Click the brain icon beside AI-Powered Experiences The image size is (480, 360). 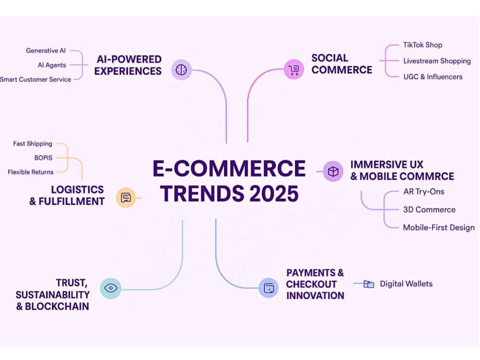[181, 70]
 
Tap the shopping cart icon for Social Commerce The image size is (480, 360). [294, 70]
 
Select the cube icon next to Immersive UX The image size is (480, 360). [333, 171]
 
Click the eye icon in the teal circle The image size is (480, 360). [110, 288]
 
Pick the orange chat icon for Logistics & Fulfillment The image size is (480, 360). [126, 197]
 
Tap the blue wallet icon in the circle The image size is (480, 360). [269, 288]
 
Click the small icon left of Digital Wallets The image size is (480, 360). [369, 284]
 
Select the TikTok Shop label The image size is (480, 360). [422, 45]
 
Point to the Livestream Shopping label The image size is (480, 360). [437, 61]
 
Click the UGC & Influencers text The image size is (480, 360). [433, 77]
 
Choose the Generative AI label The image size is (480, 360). [46, 50]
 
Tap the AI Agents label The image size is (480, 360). [52, 65]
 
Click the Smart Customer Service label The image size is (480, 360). [36, 79]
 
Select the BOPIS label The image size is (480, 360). [43, 157]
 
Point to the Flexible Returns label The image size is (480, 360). [31, 172]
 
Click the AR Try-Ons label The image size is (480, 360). [424, 192]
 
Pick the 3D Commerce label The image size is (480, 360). [429, 210]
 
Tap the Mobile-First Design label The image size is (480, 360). [439, 228]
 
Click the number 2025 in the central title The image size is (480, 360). [274, 194]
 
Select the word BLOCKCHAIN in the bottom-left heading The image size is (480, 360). [57, 306]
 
